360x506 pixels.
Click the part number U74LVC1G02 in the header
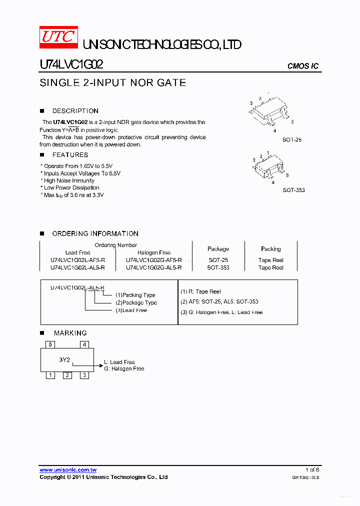click(71, 64)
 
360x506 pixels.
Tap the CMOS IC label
click(302, 66)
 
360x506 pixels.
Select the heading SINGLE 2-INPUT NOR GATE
click(112, 83)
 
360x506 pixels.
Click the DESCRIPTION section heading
click(75, 111)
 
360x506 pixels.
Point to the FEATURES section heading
click(70, 155)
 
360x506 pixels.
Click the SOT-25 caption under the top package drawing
click(292, 140)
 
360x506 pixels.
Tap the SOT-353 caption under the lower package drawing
click(293, 190)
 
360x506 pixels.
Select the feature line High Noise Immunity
click(69, 180)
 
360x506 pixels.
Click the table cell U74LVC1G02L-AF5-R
click(78, 260)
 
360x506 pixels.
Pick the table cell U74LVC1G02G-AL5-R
click(154, 267)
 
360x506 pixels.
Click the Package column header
click(218, 249)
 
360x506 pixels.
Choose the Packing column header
click(270, 249)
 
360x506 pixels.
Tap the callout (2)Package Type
click(136, 302)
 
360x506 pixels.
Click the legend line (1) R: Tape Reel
click(200, 291)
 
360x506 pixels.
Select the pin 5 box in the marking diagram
click(49, 344)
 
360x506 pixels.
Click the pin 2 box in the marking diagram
click(67, 375)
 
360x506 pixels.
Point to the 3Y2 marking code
click(64, 359)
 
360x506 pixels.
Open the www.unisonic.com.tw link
click(68, 470)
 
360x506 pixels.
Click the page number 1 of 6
click(312, 470)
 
